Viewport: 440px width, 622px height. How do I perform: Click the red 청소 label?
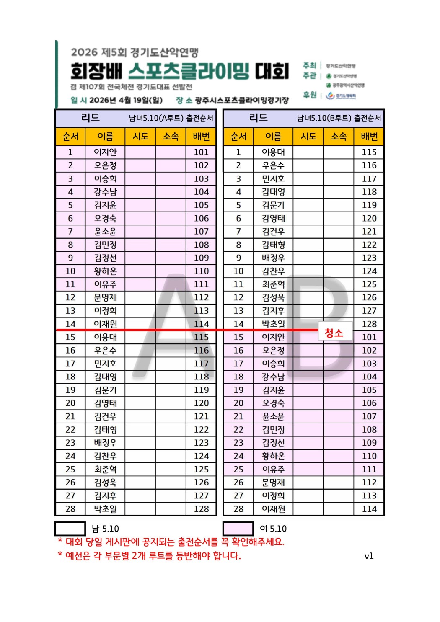(x=334, y=333)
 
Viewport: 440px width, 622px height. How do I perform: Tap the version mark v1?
(x=369, y=556)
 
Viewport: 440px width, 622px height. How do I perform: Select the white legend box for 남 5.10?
(x=70, y=529)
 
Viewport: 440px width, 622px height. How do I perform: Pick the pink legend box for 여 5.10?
(x=238, y=529)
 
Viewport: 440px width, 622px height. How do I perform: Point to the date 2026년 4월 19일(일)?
(x=126, y=100)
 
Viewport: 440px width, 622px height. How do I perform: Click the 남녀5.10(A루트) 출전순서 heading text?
(x=171, y=118)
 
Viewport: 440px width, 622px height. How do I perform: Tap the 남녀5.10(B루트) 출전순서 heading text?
(x=339, y=118)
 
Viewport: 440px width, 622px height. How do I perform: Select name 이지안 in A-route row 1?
(x=105, y=152)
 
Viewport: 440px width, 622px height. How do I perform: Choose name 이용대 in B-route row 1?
(x=273, y=152)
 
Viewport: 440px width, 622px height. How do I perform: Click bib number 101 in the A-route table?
(x=201, y=152)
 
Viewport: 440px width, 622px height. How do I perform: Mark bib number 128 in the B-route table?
(x=369, y=324)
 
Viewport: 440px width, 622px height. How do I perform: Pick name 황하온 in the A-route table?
(x=105, y=271)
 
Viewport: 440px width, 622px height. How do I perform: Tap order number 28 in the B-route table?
(x=238, y=509)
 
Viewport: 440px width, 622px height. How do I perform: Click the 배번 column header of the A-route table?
(x=201, y=137)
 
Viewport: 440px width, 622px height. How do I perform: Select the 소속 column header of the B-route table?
(x=339, y=137)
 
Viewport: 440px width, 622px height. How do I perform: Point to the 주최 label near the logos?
(x=309, y=65)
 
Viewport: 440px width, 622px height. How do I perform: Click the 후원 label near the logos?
(x=309, y=95)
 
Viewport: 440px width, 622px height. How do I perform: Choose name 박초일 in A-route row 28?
(x=105, y=509)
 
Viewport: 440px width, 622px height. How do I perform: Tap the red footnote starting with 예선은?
(x=153, y=556)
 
